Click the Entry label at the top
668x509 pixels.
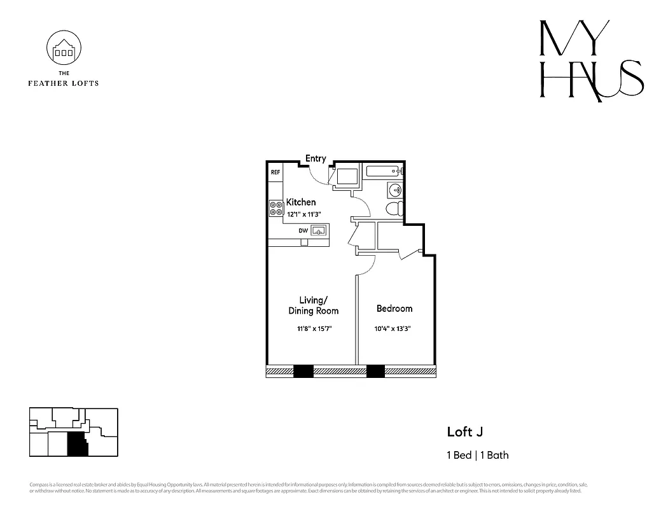[316, 158]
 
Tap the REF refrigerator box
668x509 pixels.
[275, 172]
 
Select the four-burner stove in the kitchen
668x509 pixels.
[276, 208]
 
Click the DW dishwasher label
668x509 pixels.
[303, 231]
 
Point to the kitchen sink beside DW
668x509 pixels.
[319, 230]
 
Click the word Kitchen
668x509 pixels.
[300, 202]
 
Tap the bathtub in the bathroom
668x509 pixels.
[382, 171]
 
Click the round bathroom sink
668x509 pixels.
[394, 189]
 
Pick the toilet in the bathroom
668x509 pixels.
[394, 208]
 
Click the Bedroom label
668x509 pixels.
[394, 309]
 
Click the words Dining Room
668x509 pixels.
[314, 311]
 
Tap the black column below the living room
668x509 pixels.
[303, 371]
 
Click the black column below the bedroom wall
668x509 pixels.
[375, 371]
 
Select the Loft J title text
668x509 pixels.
[464, 432]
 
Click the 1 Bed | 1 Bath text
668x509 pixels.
[477, 455]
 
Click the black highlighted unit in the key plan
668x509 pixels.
[77, 444]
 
